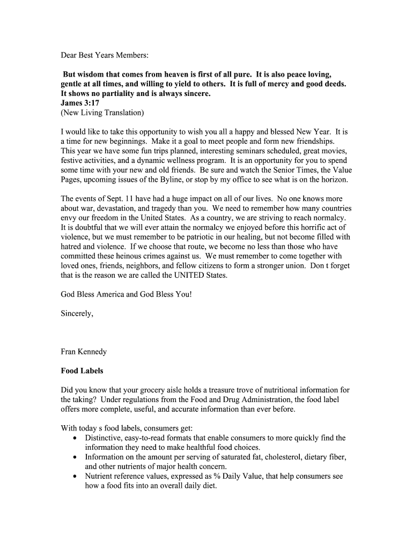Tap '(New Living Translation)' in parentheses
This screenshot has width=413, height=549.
tap(102, 113)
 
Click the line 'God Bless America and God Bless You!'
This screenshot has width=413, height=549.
tap(126, 294)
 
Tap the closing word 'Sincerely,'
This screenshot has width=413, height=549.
tap(77, 314)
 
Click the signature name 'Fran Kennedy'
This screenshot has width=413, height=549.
tap(84, 352)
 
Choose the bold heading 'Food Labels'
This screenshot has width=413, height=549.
tap(82, 371)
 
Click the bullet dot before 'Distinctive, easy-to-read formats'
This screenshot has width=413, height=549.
tap(75, 439)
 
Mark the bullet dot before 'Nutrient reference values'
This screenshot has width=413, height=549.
tap(75, 477)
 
